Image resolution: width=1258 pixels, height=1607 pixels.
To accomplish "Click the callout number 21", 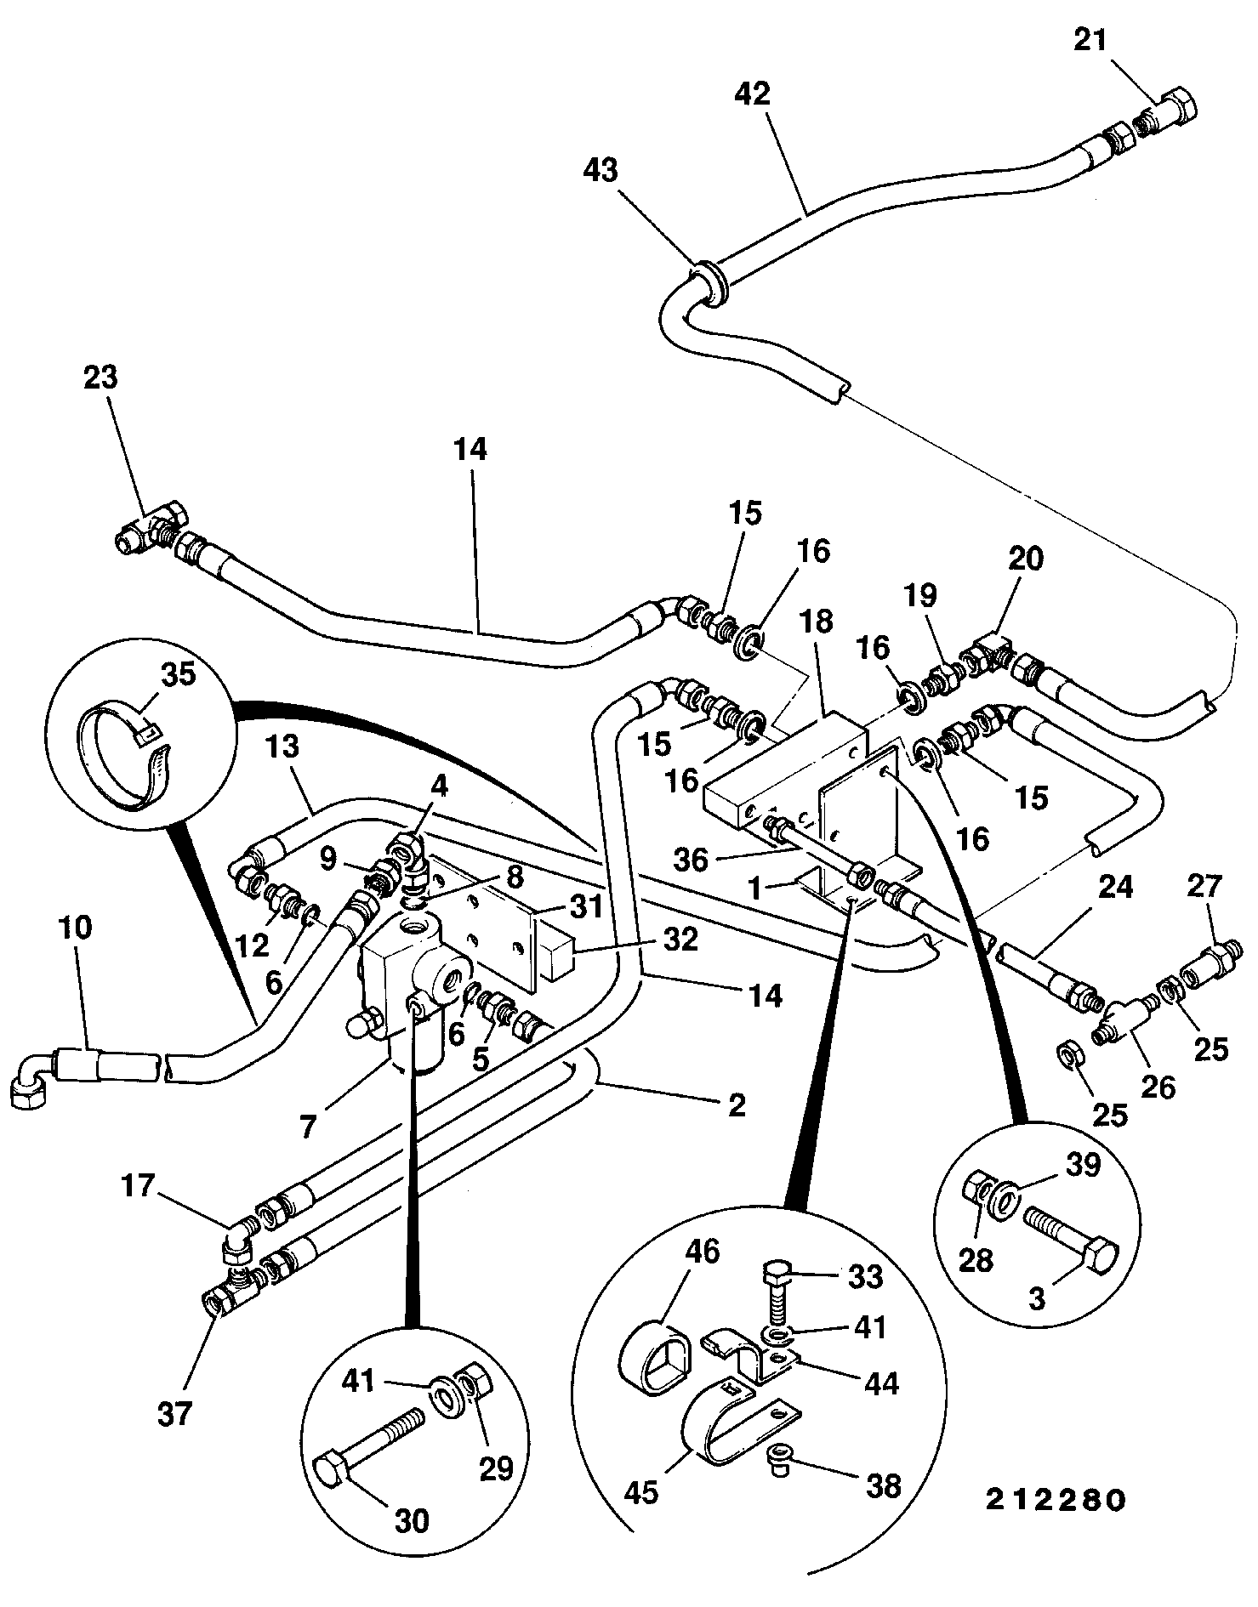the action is [x=1091, y=40].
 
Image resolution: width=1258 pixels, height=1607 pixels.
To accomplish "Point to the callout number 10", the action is [x=77, y=927].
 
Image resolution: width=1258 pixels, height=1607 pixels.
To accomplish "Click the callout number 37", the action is [x=174, y=1413].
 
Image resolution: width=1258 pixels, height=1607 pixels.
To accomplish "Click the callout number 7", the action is [x=308, y=1127].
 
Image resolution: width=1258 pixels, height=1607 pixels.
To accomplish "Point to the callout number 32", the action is [x=678, y=939].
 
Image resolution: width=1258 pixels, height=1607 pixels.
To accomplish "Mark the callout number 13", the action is [x=283, y=747].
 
